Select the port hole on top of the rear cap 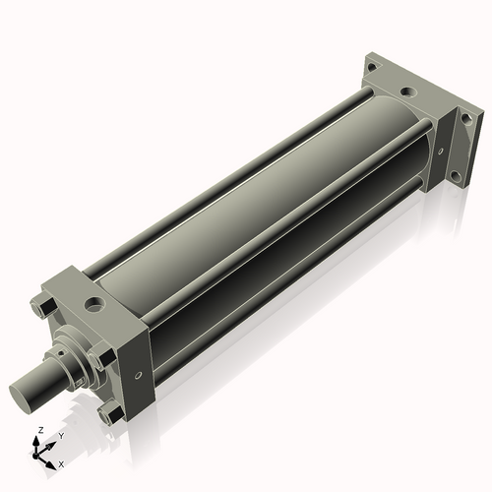click(x=404, y=93)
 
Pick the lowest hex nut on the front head click(x=108, y=414)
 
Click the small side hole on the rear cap click(x=440, y=152)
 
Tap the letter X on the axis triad click(x=62, y=462)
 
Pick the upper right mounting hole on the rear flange click(x=465, y=119)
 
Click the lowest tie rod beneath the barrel click(x=285, y=295)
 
